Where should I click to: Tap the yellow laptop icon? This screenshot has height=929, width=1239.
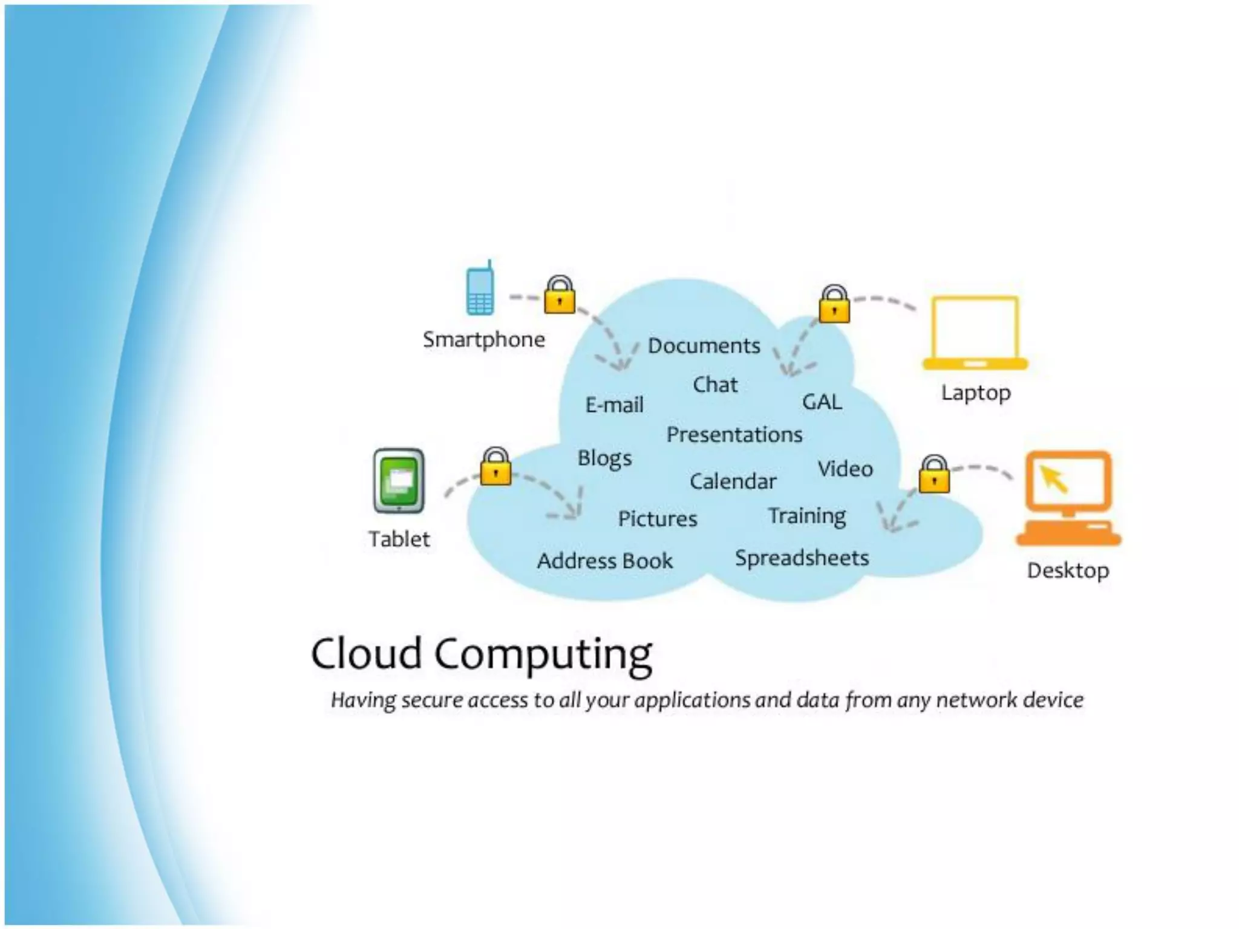(975, 333)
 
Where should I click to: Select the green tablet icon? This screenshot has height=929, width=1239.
(399, 481)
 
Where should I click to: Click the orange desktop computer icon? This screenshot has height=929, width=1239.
(1068, 500)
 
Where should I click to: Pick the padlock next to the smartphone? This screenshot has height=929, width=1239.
(560, 295)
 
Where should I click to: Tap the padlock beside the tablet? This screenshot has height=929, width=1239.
(495, 467)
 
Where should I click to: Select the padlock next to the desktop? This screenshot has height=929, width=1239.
(934, 475)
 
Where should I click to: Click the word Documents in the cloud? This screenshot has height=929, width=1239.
(704, 346)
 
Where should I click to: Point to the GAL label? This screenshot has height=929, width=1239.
(822, 402)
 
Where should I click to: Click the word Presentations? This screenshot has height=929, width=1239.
(734, 435)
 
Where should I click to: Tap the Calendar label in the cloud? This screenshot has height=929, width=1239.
(733, 481)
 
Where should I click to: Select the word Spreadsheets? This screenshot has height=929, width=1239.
(802, 558)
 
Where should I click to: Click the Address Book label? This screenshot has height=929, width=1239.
(605, 561)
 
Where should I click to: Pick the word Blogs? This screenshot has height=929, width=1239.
(604, 458)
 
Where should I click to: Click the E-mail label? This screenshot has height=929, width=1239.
(614, 405)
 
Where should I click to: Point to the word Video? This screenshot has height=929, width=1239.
(845, 469)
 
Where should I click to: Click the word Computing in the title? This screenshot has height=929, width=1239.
(543, 655)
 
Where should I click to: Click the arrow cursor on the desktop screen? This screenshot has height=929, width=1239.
(1054, 480)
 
